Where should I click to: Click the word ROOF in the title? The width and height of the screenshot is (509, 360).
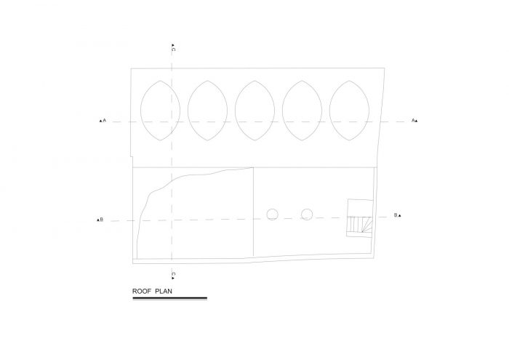[x=142, y=291]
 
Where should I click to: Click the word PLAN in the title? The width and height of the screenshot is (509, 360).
[x=164, y=291]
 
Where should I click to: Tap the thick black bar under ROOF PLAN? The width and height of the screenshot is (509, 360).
[x=169, y=298]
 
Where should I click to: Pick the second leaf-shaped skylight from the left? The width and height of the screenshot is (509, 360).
[x=188, y=111]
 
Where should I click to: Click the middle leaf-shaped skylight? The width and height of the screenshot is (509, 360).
[x=235, y=111]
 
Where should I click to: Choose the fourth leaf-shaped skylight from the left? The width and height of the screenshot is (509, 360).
[x=282, y=111]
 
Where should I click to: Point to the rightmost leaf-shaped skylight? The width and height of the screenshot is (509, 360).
[x=329, y=111]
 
